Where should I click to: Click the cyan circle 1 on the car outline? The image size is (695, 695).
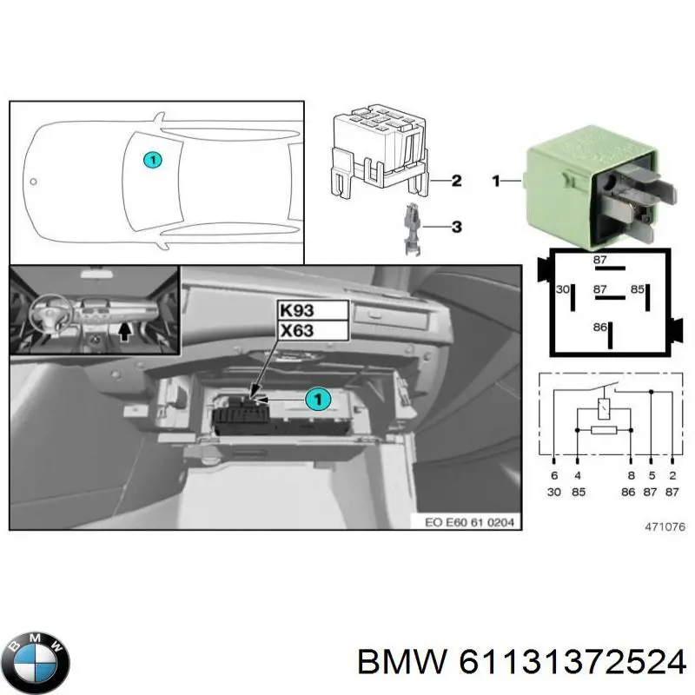(x=151, y=160)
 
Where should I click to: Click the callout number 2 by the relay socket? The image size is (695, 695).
(x=456, y=182)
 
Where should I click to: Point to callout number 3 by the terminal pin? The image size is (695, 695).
(x=456, y=228)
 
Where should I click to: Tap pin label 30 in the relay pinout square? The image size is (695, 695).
(x=562, y=290)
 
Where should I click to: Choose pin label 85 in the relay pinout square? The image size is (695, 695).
(x=636, y=290)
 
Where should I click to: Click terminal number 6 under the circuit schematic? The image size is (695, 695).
(x=554, y=475)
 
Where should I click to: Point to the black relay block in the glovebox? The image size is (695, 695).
(x=240, y=417)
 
